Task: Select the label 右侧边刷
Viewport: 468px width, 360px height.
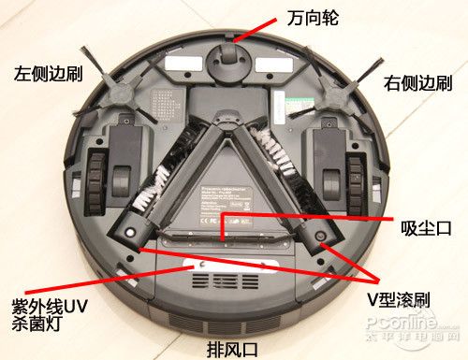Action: coord(417,83)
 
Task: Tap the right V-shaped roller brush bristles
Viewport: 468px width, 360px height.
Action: coord(281,159)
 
